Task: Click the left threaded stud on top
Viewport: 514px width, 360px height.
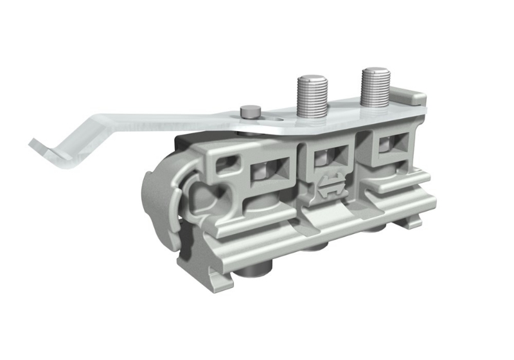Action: point(312,96)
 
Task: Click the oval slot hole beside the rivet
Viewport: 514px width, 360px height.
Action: point(274,118)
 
